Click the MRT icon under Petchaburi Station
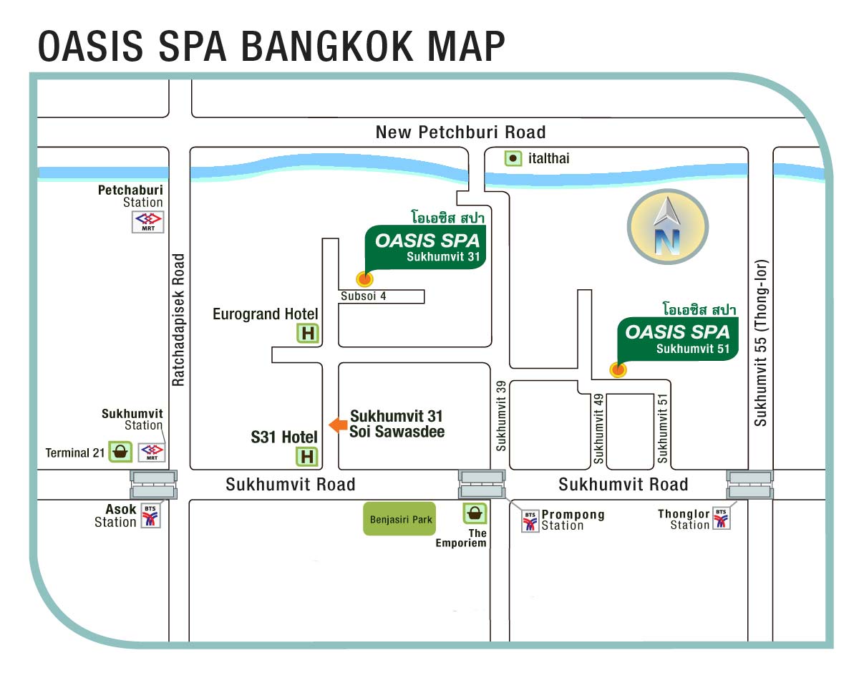148,222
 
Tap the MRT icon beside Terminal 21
152,452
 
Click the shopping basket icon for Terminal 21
120,452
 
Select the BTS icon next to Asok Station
150,515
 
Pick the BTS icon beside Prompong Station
530,521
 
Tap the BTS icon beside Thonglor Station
722,518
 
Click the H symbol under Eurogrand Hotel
308,333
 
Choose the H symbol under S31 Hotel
307,457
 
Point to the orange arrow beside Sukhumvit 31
339,425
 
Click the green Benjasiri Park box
399,519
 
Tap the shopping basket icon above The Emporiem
475,513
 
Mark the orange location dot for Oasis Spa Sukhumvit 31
364,279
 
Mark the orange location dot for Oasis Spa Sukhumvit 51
618,370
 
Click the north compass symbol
668,227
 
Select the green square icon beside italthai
513,158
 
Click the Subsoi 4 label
364,296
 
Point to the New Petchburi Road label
460,132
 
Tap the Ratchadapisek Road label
178,320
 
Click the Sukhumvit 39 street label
501,416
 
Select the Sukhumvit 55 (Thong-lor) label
760,343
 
